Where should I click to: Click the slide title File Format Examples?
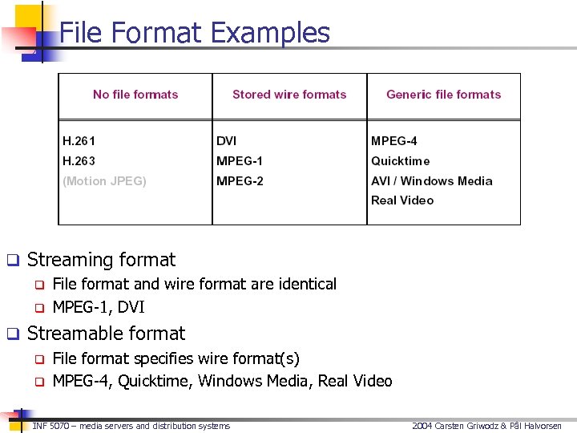pos(195,33)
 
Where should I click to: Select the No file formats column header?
pos(135,95)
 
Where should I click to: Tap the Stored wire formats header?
pos(289,95)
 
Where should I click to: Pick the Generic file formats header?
pos(443,95)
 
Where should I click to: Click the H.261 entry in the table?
pos(79,141)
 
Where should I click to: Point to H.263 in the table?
pos(79,161)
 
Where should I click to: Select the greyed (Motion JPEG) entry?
pos(105,181)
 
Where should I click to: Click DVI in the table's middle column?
pos(227,141)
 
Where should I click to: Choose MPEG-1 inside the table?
pos(240,161)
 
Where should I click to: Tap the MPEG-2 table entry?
pos(240,181)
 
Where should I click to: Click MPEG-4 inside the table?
pos(394,141)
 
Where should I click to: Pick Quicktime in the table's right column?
pos(401,161)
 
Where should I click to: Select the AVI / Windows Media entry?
pos(432,181)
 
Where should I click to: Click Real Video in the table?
pos(402,200)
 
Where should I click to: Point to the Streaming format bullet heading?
pos(101,260)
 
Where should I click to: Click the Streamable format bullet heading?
pos(106,334)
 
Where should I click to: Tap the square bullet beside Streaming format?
pos(12,261)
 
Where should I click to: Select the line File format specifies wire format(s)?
pos(176,358)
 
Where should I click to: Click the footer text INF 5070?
pos(131,426)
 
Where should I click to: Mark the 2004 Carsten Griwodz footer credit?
pos(486,426)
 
